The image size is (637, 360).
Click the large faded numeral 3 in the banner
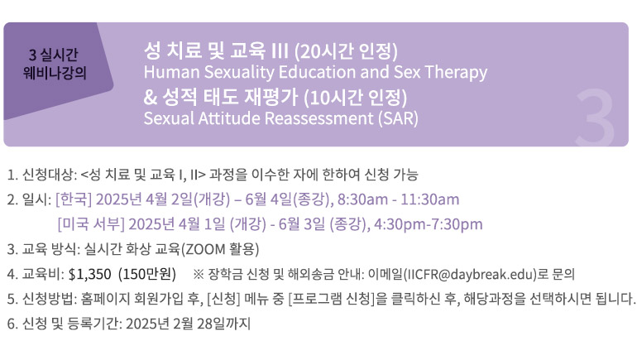coord(595,118)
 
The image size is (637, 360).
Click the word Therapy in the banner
coord(456,72)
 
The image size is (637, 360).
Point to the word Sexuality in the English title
coord(239,72)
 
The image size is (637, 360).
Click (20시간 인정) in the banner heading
coord(346,50)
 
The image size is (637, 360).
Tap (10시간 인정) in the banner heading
coord(355,97)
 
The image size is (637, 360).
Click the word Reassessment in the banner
coord(318,118)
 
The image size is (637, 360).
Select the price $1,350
coord(90,274)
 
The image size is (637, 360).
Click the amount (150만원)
coord(147,274)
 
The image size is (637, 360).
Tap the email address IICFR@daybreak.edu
coord(471,274)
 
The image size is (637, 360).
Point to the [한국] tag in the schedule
coord(74,199)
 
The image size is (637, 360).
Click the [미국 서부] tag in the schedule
coord(91,224)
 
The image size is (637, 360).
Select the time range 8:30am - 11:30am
coord(399,199)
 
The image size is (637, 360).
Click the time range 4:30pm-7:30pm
coord(429,224)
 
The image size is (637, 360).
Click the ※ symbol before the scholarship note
coord(199,274)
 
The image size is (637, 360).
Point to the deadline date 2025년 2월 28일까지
coord(188,324)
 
